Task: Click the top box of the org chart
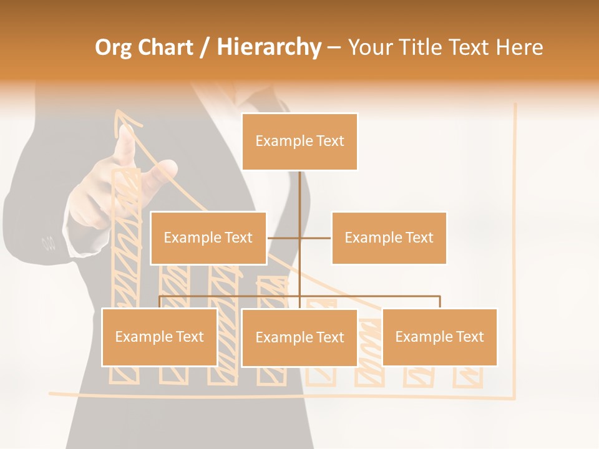tap(299, 142)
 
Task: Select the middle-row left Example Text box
tap(208, 238)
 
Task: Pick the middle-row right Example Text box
tap(389, 238)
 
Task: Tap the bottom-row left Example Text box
tap(159, 337)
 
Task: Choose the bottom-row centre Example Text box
tap(299, 337)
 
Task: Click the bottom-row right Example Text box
tap(439, 337)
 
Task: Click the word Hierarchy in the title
tap(269, 47)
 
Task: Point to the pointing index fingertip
tap(127, 132)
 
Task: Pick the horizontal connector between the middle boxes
tap(299, 238)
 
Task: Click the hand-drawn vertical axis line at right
tap(515, 249)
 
